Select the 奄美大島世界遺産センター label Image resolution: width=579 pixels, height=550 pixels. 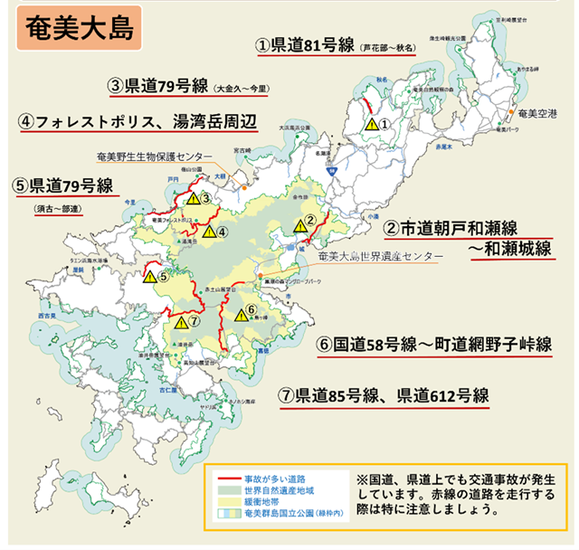coord(380,257)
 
